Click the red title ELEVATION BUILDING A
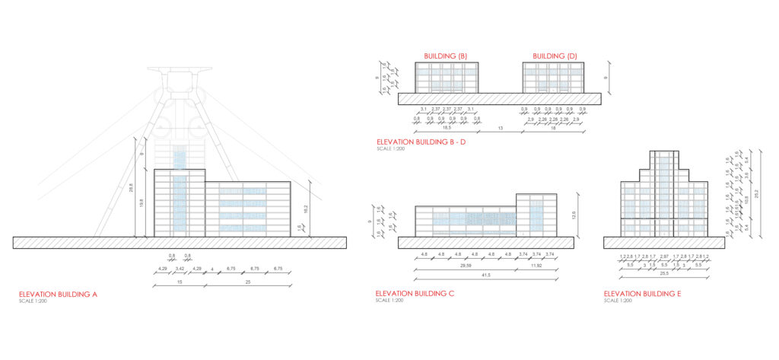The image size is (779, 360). [58, 294]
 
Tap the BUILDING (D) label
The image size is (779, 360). [555, 56]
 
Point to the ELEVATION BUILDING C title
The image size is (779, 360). [415, 294]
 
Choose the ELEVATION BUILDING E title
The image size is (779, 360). [643, 294]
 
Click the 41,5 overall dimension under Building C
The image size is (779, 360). [486, 273]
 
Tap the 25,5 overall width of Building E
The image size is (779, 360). [664, 273]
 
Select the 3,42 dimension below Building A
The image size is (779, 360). [179, 269]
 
